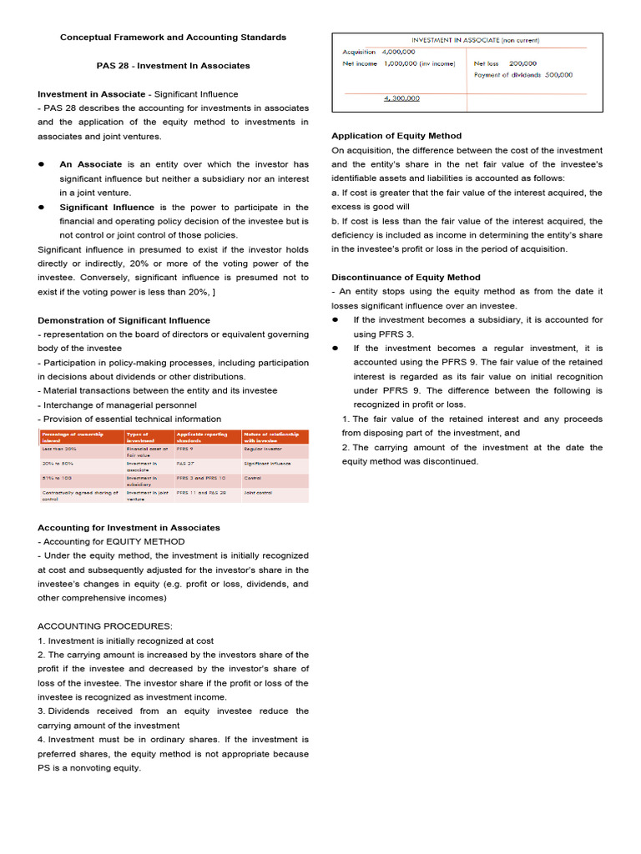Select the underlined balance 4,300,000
(x=401, y=98)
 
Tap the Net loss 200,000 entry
(x=505, y=63)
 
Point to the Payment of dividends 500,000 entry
(x=523, y=74)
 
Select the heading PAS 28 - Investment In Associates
(x=173, y=65)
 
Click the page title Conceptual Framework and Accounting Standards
(x=173, y=37)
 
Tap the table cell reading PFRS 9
(x=185, y=449)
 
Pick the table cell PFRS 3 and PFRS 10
(x=200, y=479)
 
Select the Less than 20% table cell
(x=58, y=449)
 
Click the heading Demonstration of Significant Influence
(x=124, y=320)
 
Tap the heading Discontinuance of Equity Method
(x=406, y=277)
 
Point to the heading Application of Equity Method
(x=396, y=135)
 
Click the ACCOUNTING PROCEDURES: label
(x=105, y=625)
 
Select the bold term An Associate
(x=90, y=164)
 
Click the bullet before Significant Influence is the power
(x=42, y=207)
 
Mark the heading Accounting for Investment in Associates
(x=129, y=527)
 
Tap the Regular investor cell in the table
(x=263, y=449)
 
